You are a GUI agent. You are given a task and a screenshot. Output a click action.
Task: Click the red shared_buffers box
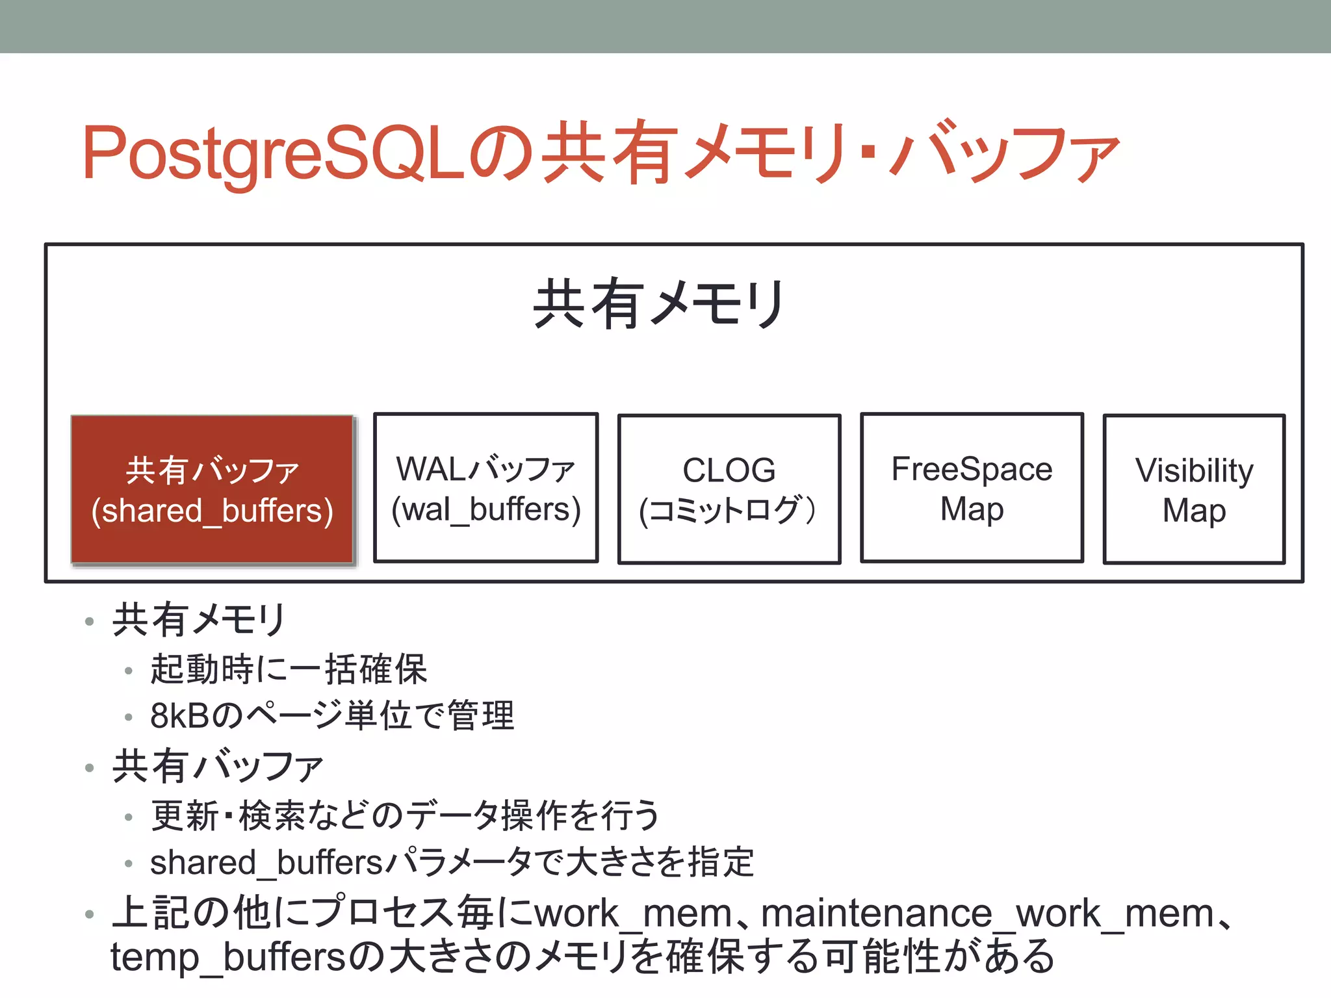(212, 489)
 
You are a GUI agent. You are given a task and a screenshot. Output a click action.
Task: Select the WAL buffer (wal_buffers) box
(485, 488)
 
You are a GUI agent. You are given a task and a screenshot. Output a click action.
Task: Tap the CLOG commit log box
(729, 489)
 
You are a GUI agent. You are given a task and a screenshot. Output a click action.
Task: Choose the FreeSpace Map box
(972, 488)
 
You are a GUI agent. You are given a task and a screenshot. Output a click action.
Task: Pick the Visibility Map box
(1194, 489)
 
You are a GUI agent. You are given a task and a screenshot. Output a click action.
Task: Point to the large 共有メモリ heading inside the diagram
(659, 304)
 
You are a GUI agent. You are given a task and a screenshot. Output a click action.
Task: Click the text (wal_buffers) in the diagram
(485, 509)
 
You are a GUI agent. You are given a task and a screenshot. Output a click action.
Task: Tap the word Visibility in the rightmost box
(1194, 470)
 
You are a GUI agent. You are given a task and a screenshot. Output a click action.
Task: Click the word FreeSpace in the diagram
(972, 468)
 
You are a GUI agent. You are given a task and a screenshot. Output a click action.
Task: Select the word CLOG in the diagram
(729, 470)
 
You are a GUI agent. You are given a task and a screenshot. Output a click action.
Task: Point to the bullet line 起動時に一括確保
(289, 669)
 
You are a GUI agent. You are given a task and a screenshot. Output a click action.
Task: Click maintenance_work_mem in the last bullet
(987, 914)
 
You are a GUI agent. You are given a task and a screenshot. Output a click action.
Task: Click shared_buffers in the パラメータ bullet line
(266, 863)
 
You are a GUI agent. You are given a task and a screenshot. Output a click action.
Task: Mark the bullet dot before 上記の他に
(90, 915)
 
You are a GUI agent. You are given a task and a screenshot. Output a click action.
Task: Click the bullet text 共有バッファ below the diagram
(218, 766)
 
